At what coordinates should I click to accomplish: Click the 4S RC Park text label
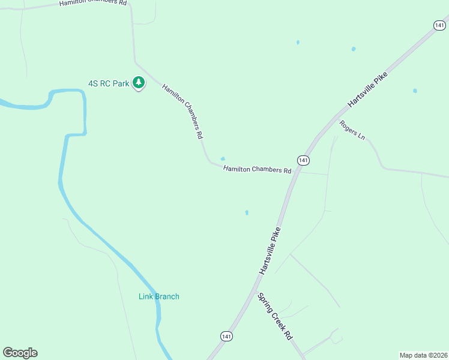point(109,84)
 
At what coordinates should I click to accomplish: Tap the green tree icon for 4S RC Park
point(139,83)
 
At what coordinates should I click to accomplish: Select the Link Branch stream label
point(159,296)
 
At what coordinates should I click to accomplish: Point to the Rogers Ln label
point(352,130)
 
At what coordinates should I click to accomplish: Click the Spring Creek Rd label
point(274,317)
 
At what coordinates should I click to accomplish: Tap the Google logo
point(20,353)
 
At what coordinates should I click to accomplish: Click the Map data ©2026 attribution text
point(423,355)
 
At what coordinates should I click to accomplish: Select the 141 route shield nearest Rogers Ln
point(440,25)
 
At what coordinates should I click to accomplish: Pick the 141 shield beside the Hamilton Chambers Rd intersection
point(303,160)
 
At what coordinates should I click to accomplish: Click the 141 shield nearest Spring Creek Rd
point(226,337)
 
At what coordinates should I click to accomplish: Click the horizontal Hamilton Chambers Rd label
point(257,170)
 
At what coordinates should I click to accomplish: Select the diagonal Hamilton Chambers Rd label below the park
point(182,112)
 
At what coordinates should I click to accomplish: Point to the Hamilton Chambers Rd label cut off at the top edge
point(93,3)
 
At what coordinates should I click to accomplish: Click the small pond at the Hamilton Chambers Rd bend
point(223,159)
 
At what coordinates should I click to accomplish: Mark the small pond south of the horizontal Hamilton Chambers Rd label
point(247,212)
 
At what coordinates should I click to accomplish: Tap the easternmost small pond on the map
point(415,91)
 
